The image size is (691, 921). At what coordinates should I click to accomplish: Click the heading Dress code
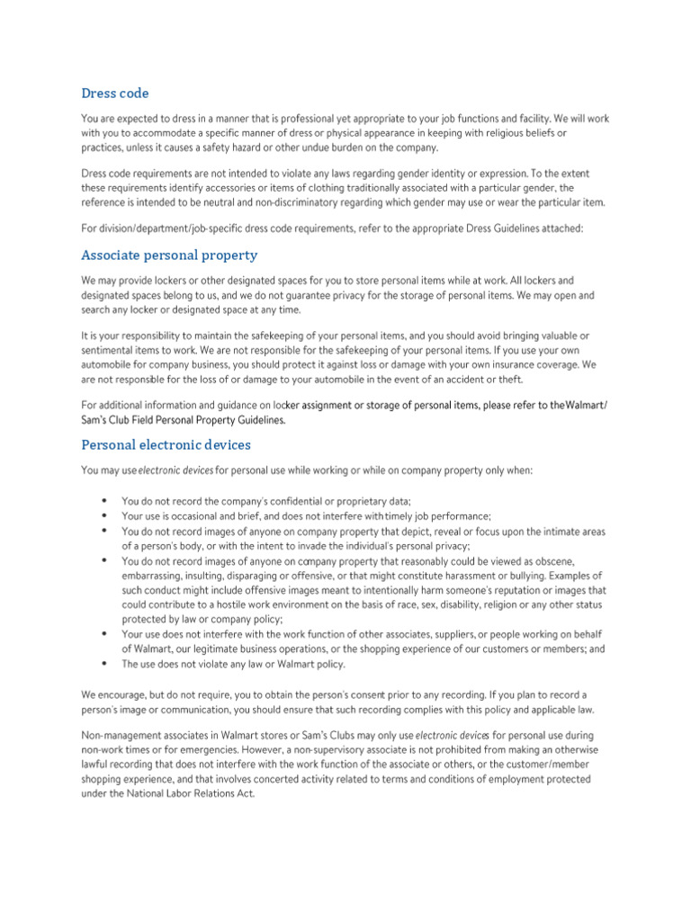[x=115, y=94]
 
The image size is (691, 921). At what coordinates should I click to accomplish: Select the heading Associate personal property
[x=169, y=255]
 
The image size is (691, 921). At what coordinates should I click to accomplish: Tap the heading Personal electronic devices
[x=166, y=444]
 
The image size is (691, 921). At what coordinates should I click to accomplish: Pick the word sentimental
[x=111, y=350]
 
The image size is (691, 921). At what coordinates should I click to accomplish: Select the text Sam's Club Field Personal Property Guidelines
[x=184, y=420]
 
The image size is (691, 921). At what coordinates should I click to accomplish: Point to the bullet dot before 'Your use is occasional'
[x=103, y=516]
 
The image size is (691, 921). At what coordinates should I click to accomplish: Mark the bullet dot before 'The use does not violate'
[x=103, y=664]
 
